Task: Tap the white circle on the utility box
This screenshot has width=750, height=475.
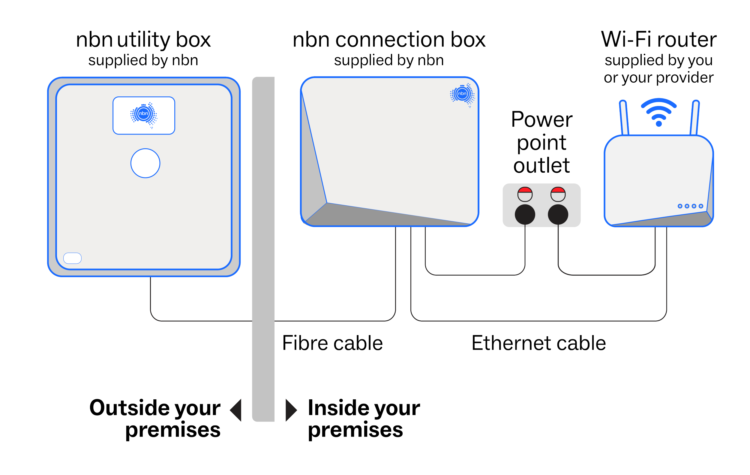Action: pyautogui.click(x=145, y=163)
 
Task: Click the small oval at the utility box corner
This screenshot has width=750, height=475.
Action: pyautogui.click(x=72, y=258)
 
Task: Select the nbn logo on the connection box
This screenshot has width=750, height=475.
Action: pyautogui.click(x=462, y=94)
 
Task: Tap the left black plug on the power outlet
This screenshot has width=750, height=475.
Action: pyautogui.click(x=525, y=214)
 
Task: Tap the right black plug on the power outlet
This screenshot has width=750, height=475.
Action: pyautogui.click(x=558, y=214)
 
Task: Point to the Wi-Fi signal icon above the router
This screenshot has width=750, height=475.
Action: pyautogui.click(x=658, y=112)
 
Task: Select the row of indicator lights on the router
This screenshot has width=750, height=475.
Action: pyautogui.click(x=690, y=206)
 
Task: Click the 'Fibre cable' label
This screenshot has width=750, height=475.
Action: pyautogui.click(x=332, y=343)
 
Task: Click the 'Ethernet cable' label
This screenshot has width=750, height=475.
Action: pyautogui.click(x=538, y=343)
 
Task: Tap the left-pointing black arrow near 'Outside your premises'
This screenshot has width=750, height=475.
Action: pyautogui.click(x=236, y=410)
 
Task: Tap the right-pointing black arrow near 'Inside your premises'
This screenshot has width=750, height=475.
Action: pyautogui.click(x=291, y=410)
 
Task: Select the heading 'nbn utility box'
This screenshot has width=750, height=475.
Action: pyautogui.click(x=143, y=40)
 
